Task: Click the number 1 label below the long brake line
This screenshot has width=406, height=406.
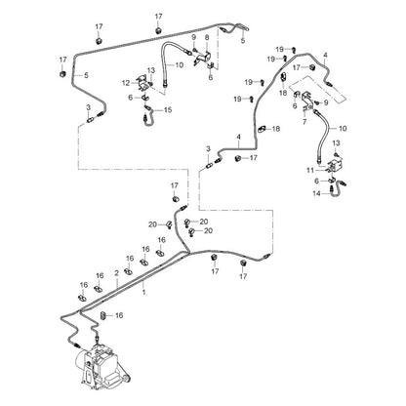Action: tap(143, 292)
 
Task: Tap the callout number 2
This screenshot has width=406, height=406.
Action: tap(116, 273)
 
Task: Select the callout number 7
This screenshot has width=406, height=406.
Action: tap(304, 122)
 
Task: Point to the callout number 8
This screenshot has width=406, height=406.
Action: tap(207, 37)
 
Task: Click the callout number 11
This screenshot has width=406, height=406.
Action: tap(310, 170)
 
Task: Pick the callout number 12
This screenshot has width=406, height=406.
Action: tap(126, 83)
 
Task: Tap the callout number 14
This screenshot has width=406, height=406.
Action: tap(316, 193)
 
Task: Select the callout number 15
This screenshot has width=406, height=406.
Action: tap(168, 110)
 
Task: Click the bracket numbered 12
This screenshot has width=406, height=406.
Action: tap(143, 82)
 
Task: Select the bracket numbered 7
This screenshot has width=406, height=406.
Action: tap(306, 101)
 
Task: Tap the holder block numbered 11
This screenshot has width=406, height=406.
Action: tap(334, 165)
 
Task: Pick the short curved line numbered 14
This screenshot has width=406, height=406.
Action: tap(336, 189)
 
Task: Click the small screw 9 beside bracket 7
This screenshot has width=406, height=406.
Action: tap(316, 102)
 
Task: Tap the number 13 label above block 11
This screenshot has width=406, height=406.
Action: tap(336, 142)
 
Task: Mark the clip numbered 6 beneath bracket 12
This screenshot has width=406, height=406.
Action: tap(145, 97)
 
